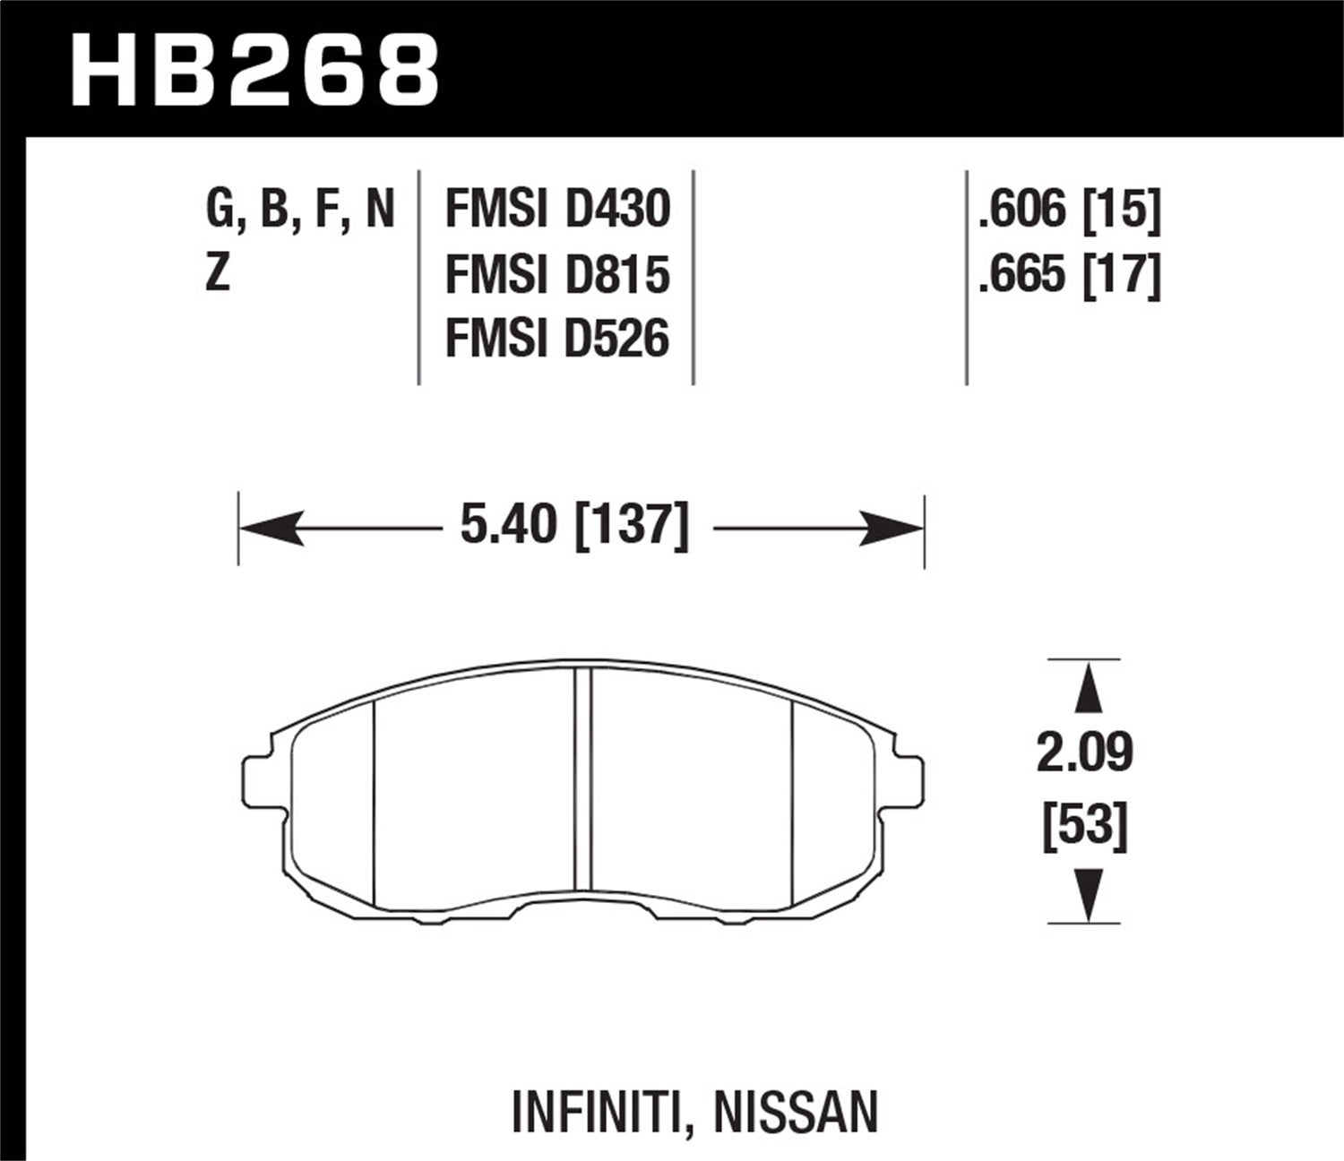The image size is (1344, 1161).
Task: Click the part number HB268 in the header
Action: click(255, 69)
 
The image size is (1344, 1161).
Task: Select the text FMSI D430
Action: click(557, 210)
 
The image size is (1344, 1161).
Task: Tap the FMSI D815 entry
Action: click(557, 274)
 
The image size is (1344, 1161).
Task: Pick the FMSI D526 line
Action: click(557, 340)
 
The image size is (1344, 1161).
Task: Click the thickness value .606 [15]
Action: click(1070, 211)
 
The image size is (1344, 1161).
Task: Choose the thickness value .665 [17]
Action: click(1070, 275)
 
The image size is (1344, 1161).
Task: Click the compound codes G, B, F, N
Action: click(300, 211)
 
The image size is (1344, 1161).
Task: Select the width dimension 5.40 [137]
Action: click(574, 527)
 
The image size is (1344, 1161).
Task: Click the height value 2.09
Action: click(1085, 753)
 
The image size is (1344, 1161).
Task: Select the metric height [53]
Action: click(1085, 825)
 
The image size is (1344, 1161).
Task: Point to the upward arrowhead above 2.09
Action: click(1086, 685)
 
